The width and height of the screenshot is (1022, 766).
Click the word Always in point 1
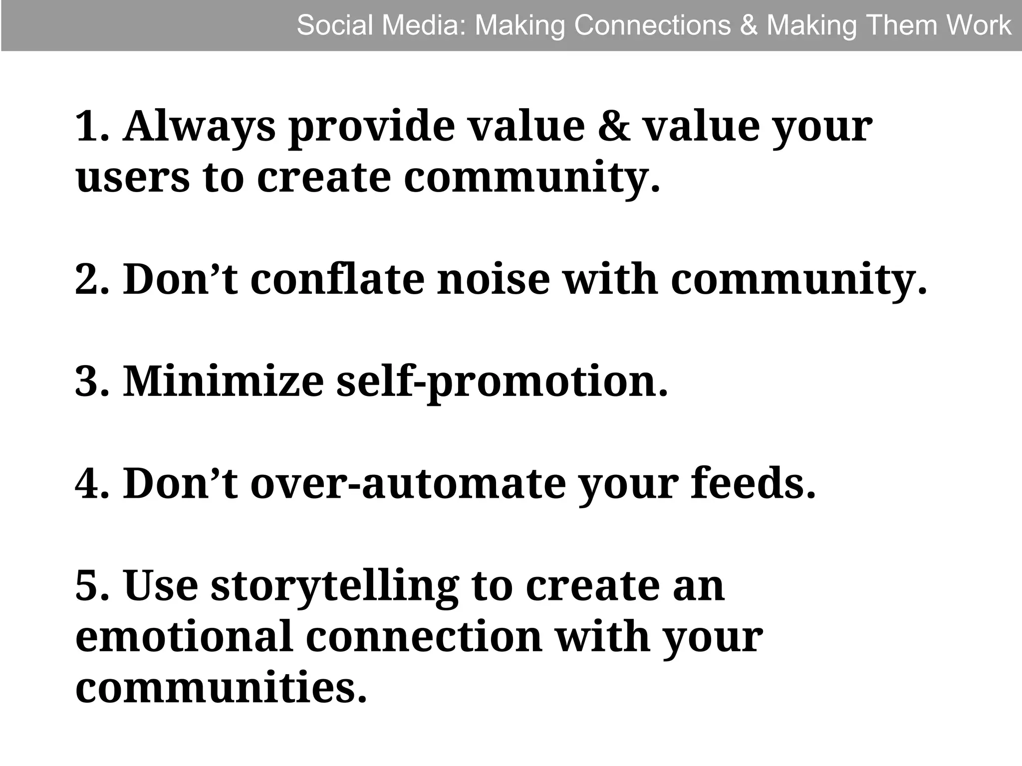[x=199, y=127]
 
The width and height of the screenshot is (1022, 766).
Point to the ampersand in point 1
[x=614, y=127]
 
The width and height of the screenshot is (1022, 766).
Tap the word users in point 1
[x=133, y=179]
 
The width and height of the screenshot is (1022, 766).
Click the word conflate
[x=337, y=280]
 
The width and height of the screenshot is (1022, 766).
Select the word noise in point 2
[x=494, y=280]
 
